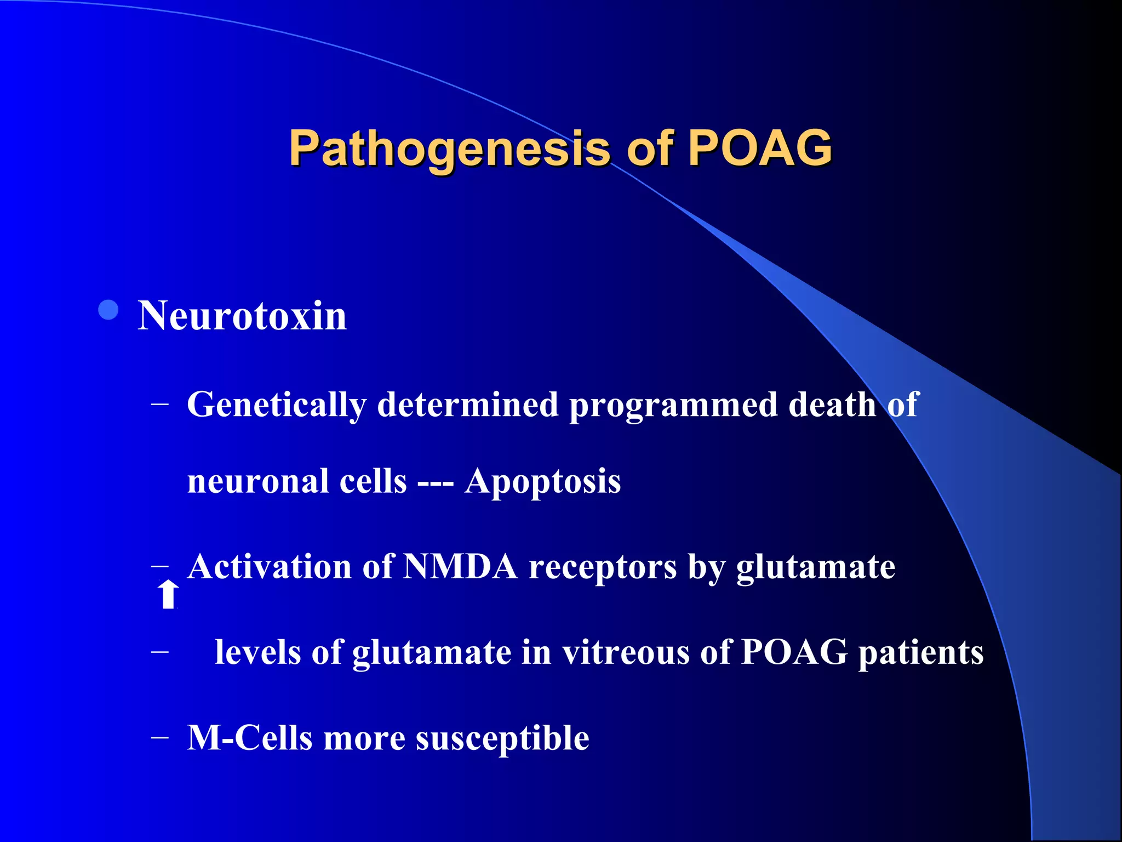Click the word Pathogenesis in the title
point(449,148)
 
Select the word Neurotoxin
point(242,316)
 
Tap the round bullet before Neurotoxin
point(108,310)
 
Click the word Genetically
point(277,406)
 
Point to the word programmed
point(673,406)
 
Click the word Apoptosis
point(542,482)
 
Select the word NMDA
point(460,567)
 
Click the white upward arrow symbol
point(168,595)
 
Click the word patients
point(920,653)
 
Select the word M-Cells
point(250,738)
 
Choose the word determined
point(467,406)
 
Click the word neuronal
point(258,482)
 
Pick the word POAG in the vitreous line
point(794,652)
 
